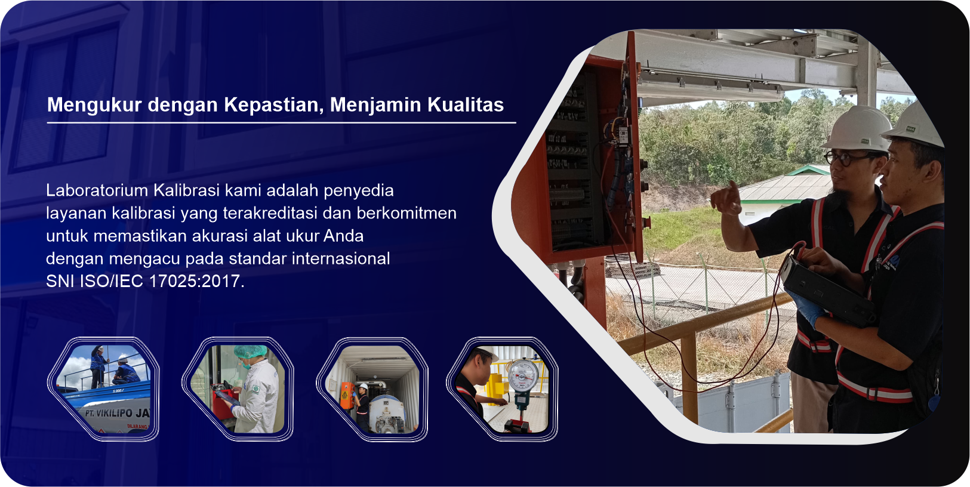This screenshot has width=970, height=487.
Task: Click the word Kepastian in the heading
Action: [x=274, y=105]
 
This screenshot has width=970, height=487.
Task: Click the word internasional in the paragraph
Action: [x=341, y=258]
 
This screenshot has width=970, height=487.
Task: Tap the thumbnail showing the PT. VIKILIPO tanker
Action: [x=104, y=389]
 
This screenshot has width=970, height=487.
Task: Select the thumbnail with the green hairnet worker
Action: [x=238, y=389]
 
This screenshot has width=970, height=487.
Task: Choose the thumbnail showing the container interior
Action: [x=372, y=389]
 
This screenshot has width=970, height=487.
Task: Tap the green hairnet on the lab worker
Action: [x=250, y=350]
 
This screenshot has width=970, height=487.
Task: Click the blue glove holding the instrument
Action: [x=809, y=308]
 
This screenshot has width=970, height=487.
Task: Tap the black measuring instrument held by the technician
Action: [x=827, y=291]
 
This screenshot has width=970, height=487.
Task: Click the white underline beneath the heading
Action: [x=282, y=123]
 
